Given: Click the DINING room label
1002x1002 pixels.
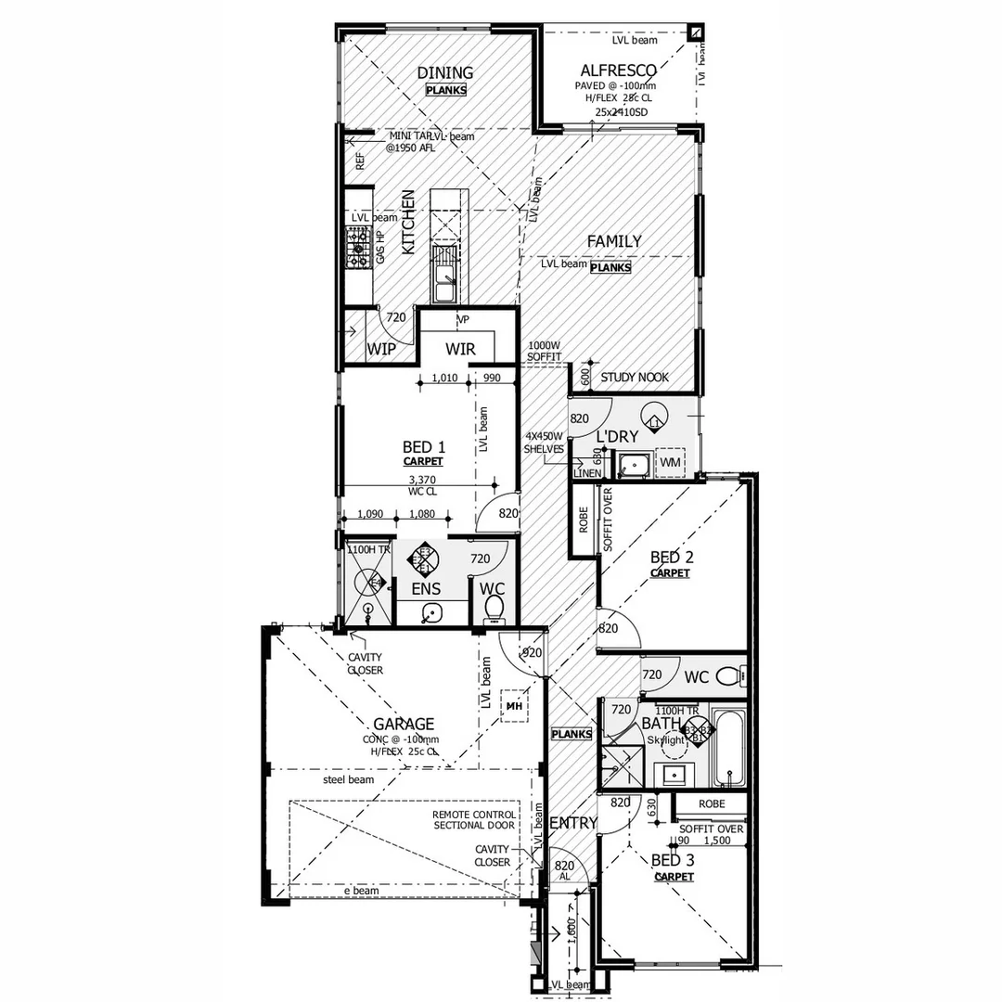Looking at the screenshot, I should point(445,72).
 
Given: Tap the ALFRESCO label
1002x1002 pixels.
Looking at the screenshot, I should point(619,71).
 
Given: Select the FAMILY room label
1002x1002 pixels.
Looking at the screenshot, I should point(613,241).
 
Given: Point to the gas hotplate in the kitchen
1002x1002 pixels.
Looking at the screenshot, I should point(357,248).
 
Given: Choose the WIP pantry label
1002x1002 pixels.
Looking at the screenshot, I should point(381,349).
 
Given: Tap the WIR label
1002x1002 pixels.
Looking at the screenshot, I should point(461,349).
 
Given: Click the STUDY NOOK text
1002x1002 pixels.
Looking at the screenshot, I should point(635,378).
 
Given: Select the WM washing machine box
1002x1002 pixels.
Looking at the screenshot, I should point(670,461).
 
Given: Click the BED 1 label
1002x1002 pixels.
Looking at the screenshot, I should point(423,446).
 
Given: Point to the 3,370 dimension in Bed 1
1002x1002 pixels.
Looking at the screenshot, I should point(423,480).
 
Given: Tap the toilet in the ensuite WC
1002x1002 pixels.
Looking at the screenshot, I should point(494,608).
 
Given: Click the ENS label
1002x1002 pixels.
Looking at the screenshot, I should point(426,588).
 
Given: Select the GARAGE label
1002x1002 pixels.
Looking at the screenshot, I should point(404,724).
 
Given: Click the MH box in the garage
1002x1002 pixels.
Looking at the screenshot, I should point(513,706).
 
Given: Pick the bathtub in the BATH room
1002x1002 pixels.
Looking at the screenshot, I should point(731,749).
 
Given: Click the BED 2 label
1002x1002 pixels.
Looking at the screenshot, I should point(672,558).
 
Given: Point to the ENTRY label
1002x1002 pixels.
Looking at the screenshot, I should point(573,823).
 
